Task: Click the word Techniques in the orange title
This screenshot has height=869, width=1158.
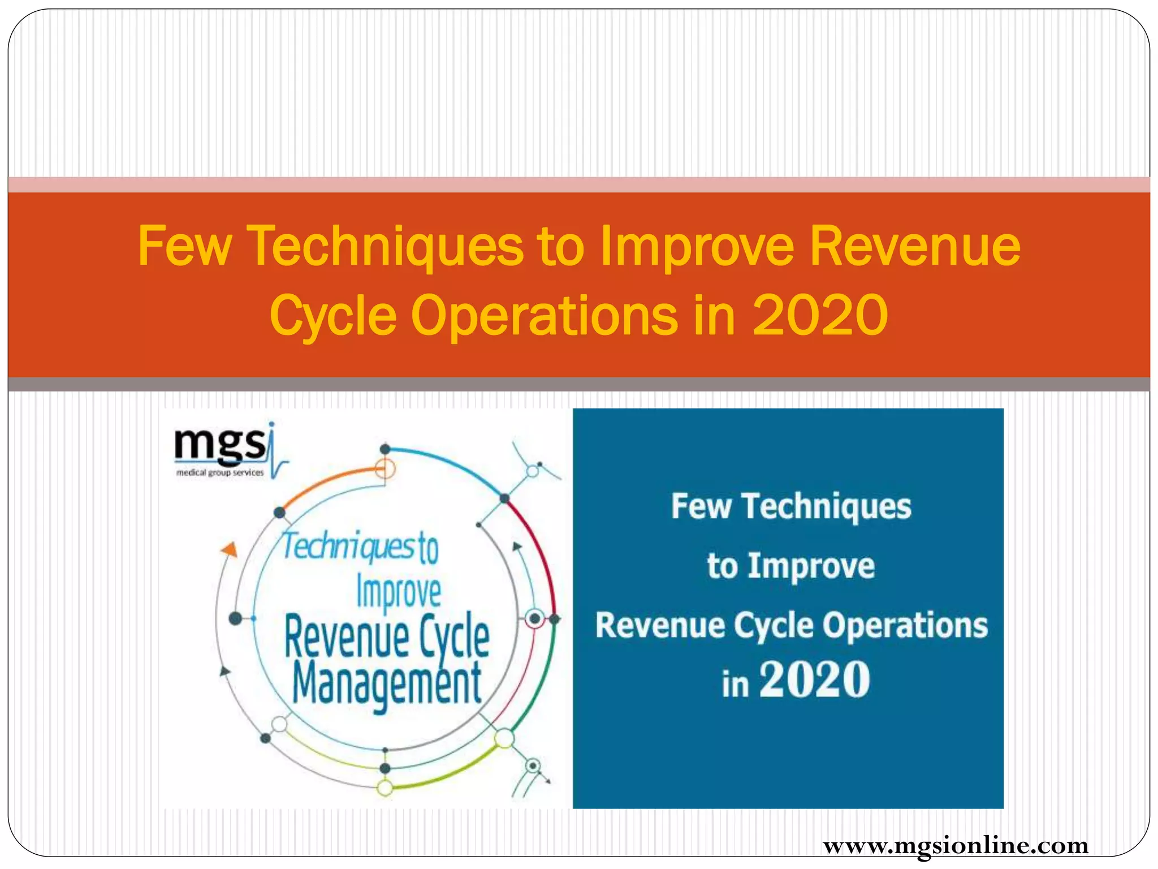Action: point(385,247)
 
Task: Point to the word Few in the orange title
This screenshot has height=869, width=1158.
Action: point(185,247)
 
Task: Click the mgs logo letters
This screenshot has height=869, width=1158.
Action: point(220,444)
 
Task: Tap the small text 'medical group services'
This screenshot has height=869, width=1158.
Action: point(220,473)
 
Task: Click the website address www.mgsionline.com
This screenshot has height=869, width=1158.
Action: point(956,846)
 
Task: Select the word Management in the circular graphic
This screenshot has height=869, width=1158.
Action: point(387,686)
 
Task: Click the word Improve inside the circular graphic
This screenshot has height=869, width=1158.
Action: point(399,592)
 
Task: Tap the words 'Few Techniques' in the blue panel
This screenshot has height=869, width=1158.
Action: point(791,506)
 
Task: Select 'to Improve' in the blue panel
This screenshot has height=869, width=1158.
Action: point(790,566)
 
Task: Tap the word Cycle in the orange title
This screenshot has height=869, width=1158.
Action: point(332,316)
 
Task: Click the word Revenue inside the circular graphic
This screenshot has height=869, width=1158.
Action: point(346,638)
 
